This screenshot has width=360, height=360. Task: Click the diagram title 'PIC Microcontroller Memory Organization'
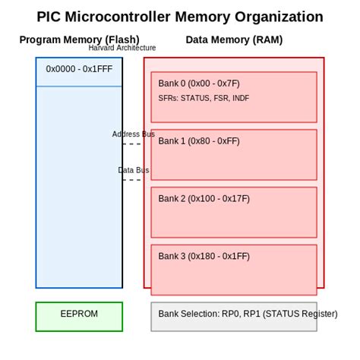click(180, 17)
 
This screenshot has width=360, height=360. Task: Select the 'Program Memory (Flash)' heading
click(79, 39)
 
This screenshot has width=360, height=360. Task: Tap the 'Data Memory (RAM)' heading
click(234, 39)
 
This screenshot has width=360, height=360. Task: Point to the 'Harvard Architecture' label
click(122, 48)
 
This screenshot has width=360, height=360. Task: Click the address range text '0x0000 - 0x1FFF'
click(78, 69)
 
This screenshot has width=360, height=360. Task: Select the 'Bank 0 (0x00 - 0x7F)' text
click(198, 84)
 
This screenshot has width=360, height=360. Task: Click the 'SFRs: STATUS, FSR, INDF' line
click(204, 99)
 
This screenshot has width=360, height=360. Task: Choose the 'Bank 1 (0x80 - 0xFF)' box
click(234, 154)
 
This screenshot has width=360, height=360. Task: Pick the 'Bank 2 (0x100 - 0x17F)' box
click(234, 212)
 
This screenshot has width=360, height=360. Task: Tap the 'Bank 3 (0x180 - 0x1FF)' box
click(234, 269)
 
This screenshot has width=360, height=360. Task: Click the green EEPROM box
click(79, 317)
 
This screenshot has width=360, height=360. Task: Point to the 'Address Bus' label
click(134, 134)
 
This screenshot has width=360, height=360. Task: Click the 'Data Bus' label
click(134, 170)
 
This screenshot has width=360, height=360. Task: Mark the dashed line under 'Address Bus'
click(132, 144)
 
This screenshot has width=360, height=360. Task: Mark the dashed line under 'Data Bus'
click(132, 180)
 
